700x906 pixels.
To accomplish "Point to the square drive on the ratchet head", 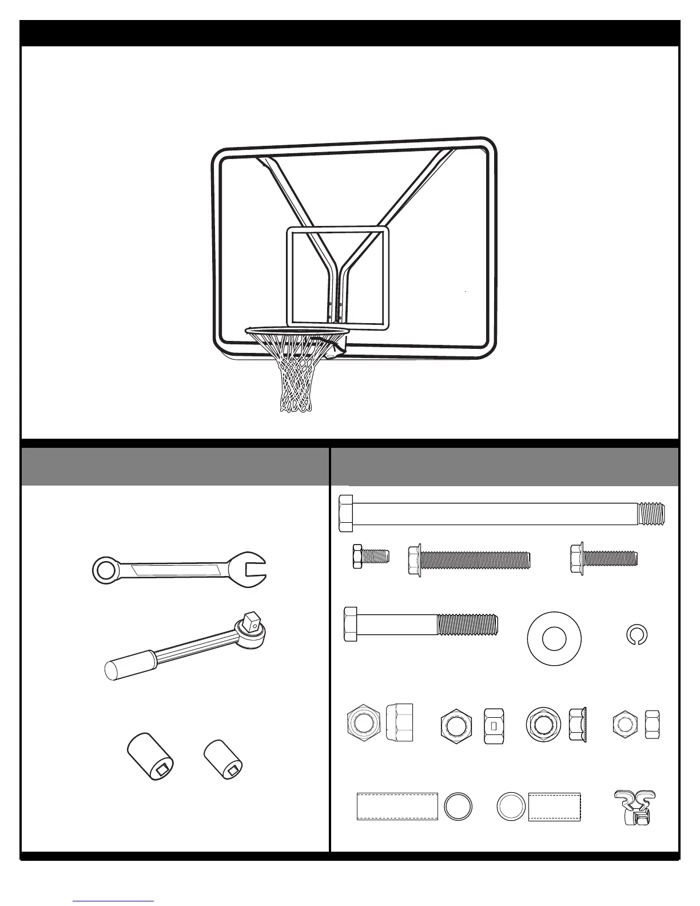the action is pyautogui.click(x=249, y=621).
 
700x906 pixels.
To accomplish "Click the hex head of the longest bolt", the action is pyautogui.click(x=347, y=514).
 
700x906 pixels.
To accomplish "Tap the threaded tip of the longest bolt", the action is pyautogui.click(x=651, y=514).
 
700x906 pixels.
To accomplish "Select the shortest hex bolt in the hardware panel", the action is pyautogui.click(x=371, y=556).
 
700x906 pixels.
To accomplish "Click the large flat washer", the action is pyautogui.click(x=554, y=639).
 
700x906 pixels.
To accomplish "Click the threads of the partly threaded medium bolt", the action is pyautogui.click(x=467, y=624).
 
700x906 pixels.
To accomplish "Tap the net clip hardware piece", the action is pyautogui.click(x=635, y=807).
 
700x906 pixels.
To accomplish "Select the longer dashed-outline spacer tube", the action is pyautogui.click(x=397, y=806).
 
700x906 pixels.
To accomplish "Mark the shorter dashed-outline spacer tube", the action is pyautogui.click(x=554, y=806).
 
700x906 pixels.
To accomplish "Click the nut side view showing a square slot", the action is pyautogui.click(x=493, y=726).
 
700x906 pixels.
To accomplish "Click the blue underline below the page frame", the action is pyautogui.click(x=114, y=901).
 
